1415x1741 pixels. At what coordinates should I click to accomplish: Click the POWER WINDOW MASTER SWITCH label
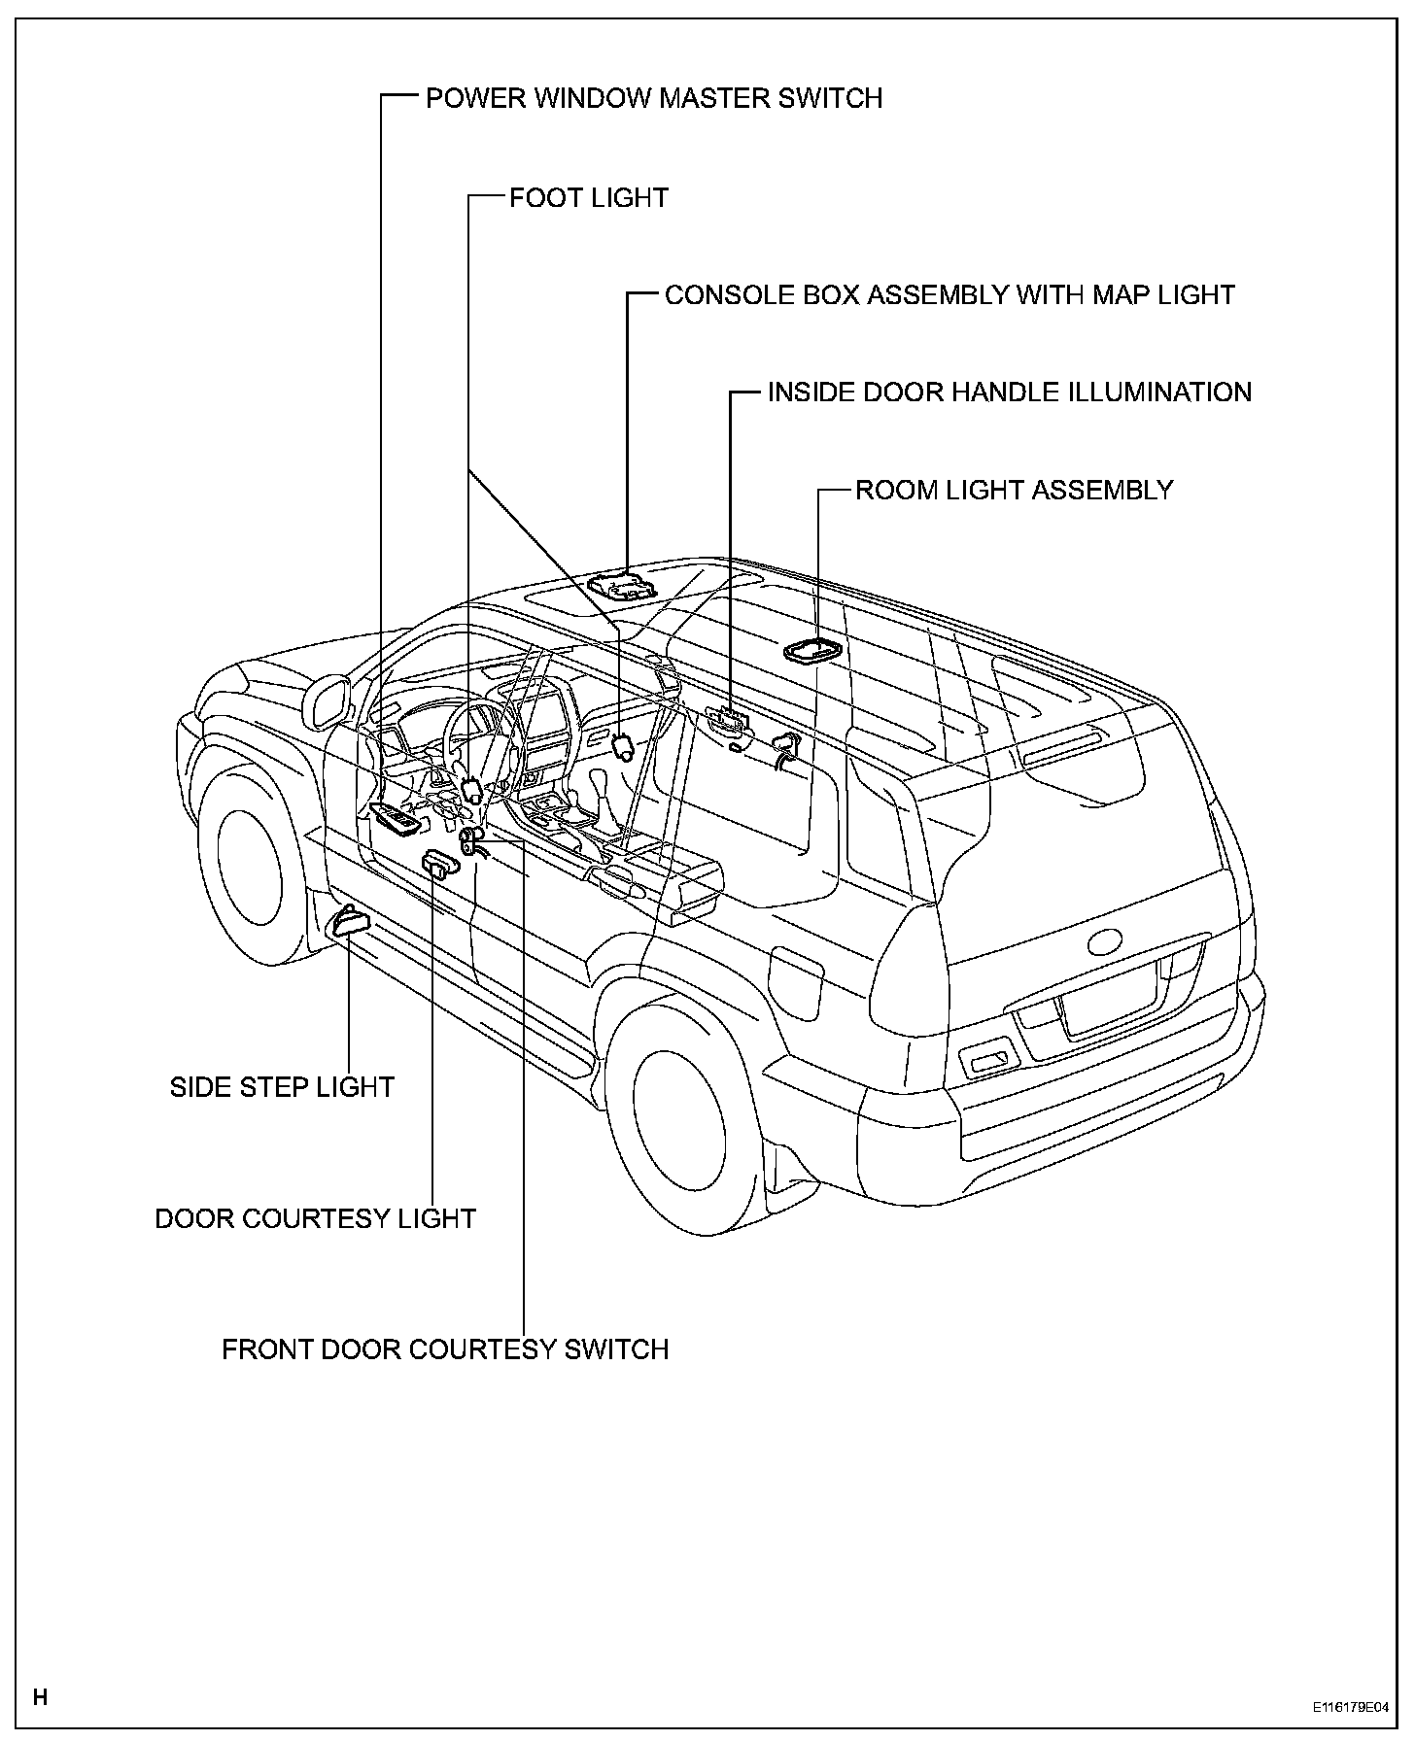click(x=653, y=98)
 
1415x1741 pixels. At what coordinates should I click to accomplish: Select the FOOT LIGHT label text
click(x=589, y=198)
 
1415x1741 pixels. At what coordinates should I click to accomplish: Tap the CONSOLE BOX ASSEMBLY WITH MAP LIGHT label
click(x=949, y=295)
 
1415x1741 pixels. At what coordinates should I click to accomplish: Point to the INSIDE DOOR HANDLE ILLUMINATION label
click(x=1009, y=393)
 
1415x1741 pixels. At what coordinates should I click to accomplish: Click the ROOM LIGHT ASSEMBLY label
click(x=1014, y=490)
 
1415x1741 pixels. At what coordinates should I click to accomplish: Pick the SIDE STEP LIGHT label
click(x=282, y=1086)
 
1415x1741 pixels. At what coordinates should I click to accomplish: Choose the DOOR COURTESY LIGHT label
click(x=316, y=1218)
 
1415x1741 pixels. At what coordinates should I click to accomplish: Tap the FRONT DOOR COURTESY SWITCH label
click(x=445, y=1349)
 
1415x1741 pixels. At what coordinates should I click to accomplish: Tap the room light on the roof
click(x=814, y=650)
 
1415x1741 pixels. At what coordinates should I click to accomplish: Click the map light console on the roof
click(x=621, y=587)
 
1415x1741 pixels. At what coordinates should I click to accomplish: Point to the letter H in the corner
click(x=41, y=1697)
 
